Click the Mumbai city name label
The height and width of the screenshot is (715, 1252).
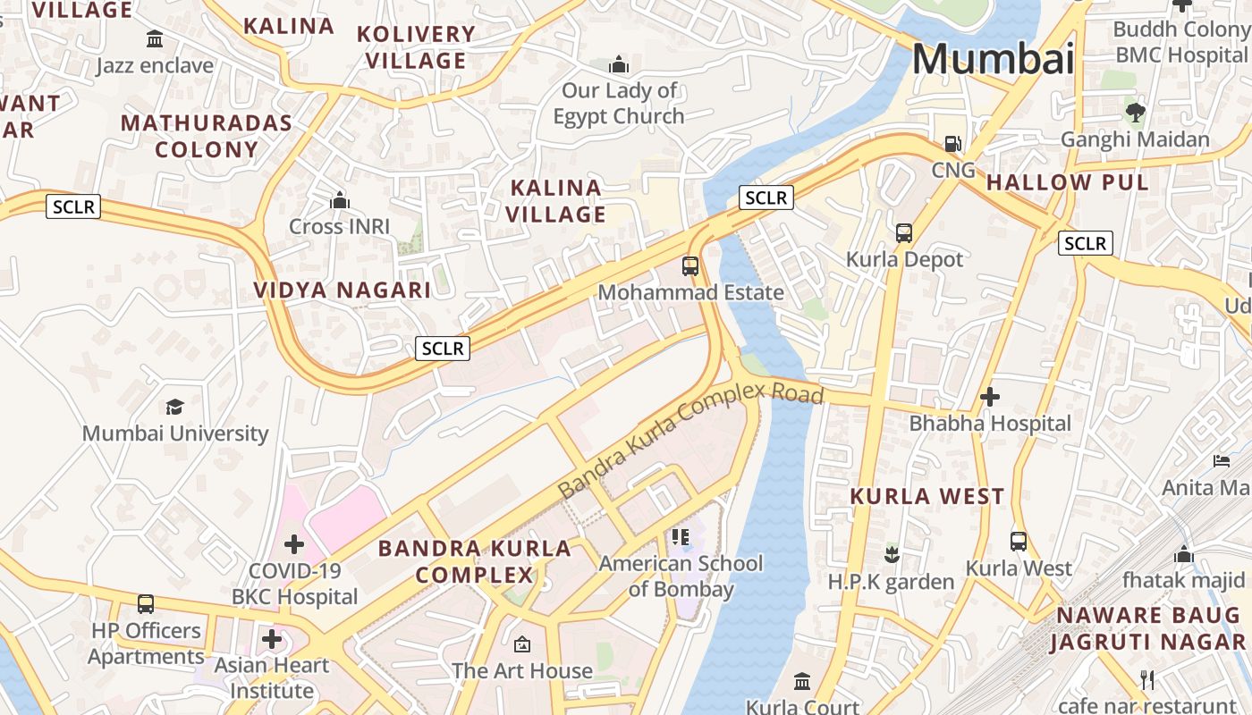pos(993,59)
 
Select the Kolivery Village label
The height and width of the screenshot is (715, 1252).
pos(417,47)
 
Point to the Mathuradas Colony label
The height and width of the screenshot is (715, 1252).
pos(207,136)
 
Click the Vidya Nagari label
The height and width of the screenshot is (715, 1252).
pos(343,290)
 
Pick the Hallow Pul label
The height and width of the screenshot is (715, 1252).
pos(1067,183)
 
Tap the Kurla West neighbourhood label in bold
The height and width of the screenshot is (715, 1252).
pos(926,497)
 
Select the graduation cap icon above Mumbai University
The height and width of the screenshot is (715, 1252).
pos(174,408)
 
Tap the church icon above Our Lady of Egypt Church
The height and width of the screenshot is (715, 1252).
pos(618,65)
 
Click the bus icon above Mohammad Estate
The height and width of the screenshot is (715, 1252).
pos(689,265)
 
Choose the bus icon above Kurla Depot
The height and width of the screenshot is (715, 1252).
pos(904,233)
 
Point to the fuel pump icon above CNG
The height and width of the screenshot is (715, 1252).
pos(953,144)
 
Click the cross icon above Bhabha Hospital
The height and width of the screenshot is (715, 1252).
pos(989,397)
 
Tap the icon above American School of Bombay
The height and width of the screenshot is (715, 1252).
pos(681,537)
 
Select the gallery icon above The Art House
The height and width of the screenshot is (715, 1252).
pos(522,644)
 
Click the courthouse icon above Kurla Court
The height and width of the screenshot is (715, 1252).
pos(802,681)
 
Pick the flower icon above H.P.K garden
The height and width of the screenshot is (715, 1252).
pos(891,555)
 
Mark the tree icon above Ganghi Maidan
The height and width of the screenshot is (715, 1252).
pos(1135,113)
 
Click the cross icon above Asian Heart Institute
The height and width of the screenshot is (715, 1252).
pos(272,640)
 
